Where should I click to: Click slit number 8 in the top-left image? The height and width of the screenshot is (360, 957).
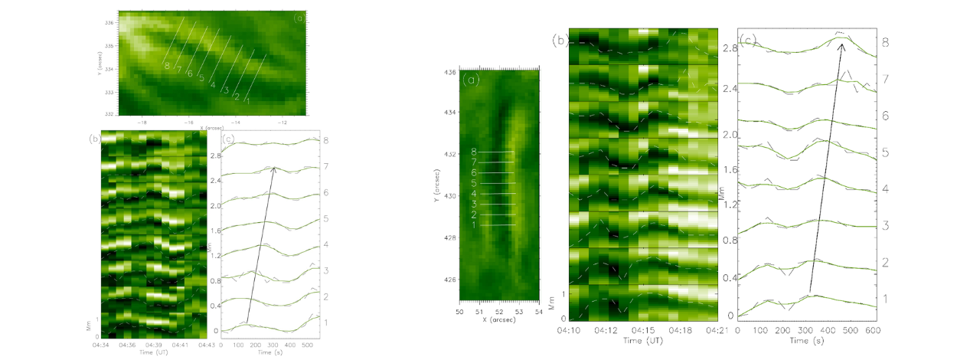point(167,66)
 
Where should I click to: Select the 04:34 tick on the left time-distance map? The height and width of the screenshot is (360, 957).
point(103,345)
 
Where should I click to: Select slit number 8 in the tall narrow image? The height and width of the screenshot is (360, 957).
point(475,152)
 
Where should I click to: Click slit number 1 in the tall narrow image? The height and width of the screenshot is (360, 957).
point(475,225)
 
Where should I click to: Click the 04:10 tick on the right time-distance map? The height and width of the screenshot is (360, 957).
point(570,331)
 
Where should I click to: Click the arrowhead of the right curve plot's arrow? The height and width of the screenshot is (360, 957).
point(842,44)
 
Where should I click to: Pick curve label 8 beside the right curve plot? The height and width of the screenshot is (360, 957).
point(885,43)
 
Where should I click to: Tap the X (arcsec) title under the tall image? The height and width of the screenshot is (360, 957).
point(501,319)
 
